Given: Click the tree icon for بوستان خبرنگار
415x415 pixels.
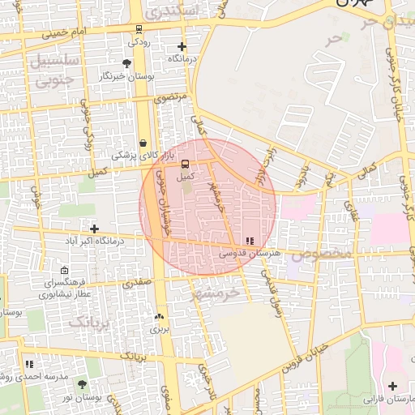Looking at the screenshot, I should tap(126, 63).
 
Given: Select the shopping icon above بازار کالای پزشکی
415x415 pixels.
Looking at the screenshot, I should tap(143, 143).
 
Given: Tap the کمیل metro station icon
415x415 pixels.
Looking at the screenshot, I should tap(186, 163).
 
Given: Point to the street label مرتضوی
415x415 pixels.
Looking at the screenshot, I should tap(171, 97).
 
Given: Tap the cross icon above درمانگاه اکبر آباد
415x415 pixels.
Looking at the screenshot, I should tap(94, 229).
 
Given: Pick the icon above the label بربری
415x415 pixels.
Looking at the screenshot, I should tap(159, 317).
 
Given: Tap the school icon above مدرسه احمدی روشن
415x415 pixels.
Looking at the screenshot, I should tap(29, 365).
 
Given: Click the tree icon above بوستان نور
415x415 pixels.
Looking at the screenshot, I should tap(81, 383).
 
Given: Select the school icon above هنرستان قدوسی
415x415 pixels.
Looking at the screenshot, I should tap(250, 241).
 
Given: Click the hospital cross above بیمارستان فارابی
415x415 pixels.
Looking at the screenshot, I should tap(392, 387).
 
